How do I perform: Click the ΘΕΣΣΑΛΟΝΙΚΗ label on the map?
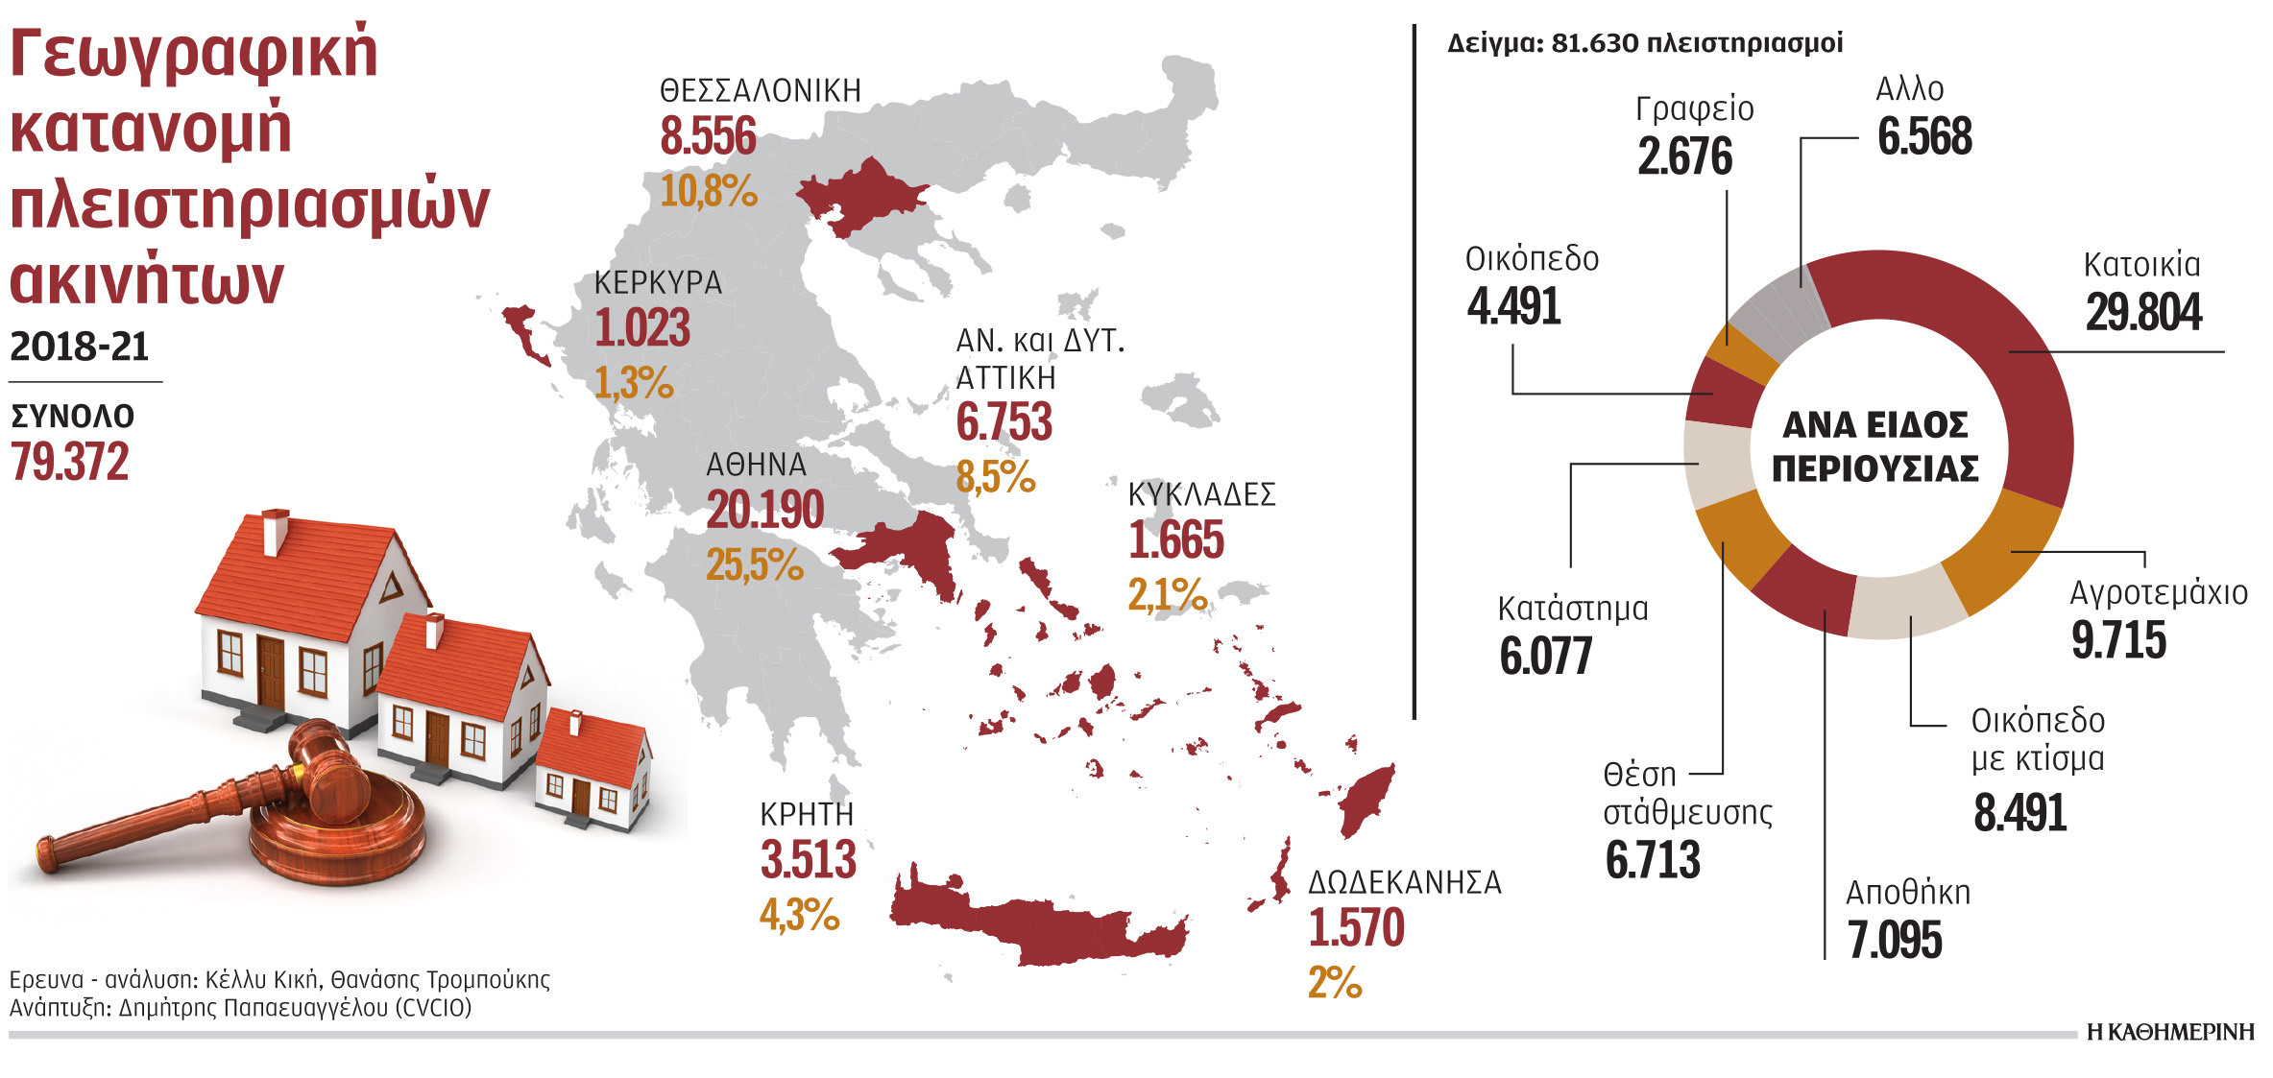point(760,91)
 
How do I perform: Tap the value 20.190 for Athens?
point(765,510)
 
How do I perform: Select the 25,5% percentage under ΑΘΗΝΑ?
point(754,564)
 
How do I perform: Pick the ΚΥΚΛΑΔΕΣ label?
point(1201,495)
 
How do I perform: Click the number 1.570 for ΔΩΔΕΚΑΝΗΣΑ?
point(1356,928)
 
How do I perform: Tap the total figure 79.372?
point(70,463)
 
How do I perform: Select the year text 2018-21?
point(80,347)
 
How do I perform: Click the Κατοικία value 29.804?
point(2143,313)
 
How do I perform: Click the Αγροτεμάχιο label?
point(2158,593)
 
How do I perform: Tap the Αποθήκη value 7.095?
point(1895,941)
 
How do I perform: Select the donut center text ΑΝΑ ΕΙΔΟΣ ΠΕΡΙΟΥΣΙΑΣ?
point(1875,446)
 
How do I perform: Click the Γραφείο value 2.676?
point(1684,157)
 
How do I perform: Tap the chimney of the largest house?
point(276,531)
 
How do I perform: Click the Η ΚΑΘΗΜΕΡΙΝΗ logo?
point(2169,1032)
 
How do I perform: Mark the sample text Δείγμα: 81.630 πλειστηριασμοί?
point(1644,44)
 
